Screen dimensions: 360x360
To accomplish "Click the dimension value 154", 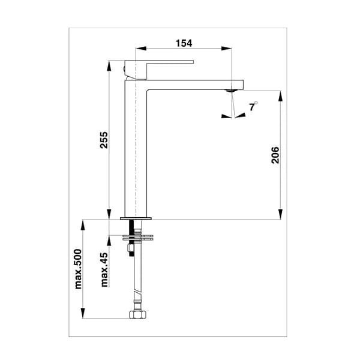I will click(184, 43).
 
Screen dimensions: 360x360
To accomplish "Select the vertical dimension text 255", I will click(103, 142).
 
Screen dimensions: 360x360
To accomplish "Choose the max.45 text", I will click(103, 269).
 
